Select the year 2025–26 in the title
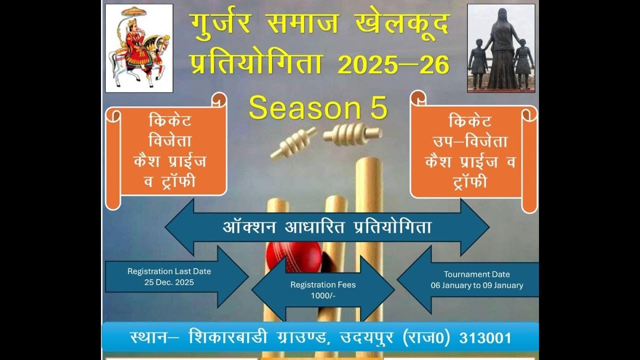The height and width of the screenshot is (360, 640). [x=393, y=65]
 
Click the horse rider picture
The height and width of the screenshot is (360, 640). [x=139, y=48]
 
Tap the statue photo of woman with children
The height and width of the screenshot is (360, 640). [x=501, y=48]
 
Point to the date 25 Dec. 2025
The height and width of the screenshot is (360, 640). [x=169, y=282]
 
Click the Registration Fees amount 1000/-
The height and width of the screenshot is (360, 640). [x=323, y=295]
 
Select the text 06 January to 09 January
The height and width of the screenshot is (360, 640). [x=477, y=285]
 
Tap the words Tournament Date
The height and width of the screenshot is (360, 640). [x=477, y=274]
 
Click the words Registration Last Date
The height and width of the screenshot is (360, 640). [x=169, y=271]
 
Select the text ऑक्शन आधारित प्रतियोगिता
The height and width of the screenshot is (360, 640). [x=327, y=227]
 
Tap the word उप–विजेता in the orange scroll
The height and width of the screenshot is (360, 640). [x=470, y=141]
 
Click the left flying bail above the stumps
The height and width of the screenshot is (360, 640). [x=294, y=142]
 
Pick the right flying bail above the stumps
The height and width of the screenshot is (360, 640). [x=352, y=133]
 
